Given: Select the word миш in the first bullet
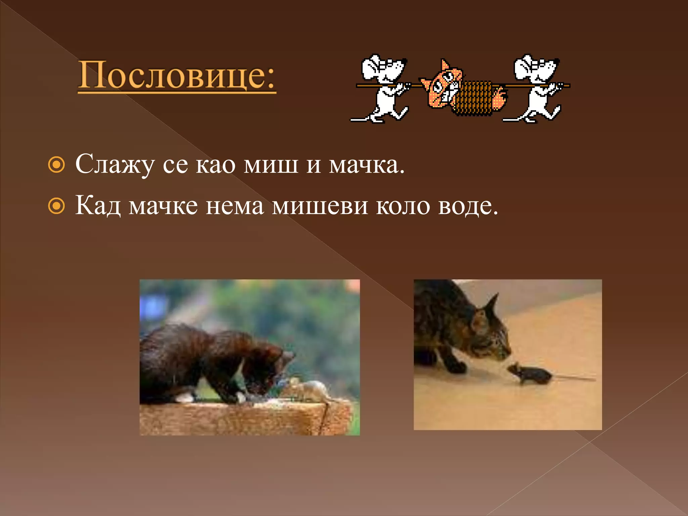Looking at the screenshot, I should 271,165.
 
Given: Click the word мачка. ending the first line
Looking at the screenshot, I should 367,165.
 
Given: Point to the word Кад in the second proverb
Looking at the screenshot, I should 98,206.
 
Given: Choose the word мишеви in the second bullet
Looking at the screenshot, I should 320,206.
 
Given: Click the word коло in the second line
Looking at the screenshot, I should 403,206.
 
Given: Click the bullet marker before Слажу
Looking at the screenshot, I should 56,165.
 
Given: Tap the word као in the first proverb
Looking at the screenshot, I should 215,165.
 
